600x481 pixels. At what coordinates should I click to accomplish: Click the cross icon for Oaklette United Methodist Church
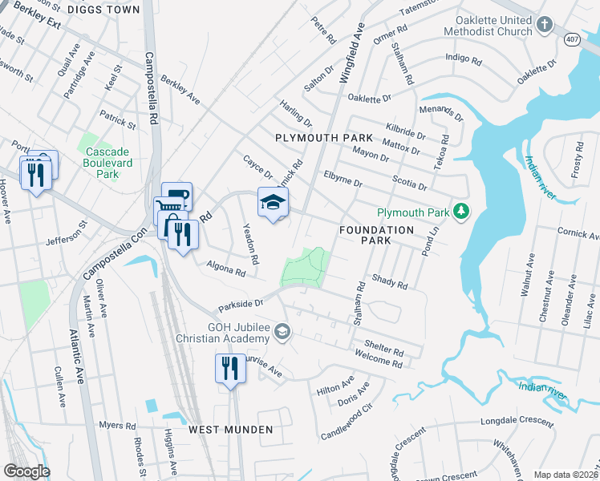pos(545,24)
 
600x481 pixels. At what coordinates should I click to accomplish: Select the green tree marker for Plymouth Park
pos(461,212)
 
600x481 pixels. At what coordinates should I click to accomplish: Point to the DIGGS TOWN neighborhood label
pos(104,10)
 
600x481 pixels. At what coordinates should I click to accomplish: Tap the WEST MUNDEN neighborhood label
pos(231,430)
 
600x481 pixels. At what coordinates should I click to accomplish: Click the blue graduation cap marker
pos(273,203)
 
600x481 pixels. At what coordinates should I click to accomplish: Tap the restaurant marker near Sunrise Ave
pos(230,369)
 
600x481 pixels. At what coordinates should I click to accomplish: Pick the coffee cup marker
pos(176,196)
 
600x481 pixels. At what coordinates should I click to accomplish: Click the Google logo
pos(26,471)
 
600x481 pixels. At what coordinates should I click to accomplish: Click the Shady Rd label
pos(390,282)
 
